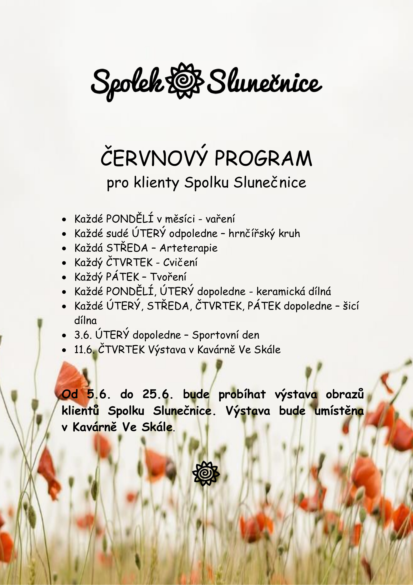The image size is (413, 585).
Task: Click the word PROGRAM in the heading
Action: pos(263,159)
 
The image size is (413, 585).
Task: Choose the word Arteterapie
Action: pos(189,248)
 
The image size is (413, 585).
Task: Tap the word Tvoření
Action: pos(168,277)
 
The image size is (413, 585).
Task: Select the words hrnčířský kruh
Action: pos(264,233)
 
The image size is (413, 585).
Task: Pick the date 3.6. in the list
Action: pos(83,335)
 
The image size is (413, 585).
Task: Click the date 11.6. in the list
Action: pos(83,350)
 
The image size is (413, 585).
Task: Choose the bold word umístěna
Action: pos(339,411)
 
